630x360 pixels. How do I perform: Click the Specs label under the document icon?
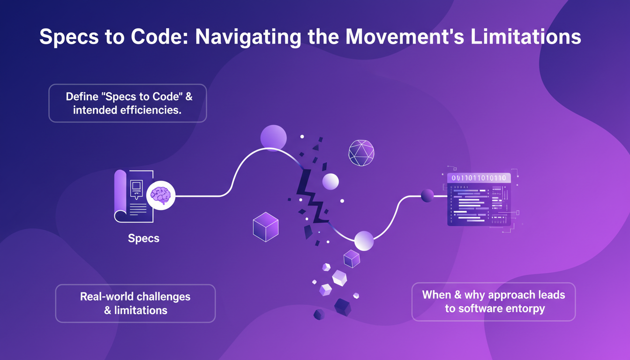pyautogui.click(x=143, y=238)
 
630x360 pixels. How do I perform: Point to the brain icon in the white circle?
pyautogui.click(x=161, y=195)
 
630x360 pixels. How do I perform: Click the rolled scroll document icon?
pyautogui.click(x=134, y=196)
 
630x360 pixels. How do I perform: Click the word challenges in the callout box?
pyautogui.click(x=163, y=297)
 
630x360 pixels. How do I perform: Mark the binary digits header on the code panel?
pyautogui.click(x=479, y=178)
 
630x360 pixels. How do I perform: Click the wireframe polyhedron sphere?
pyautogui.click(x=361, y=153)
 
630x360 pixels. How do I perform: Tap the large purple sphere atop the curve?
pyautogui.click(x=273, y=138)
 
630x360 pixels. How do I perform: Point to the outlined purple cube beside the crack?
pyautogui.click(x=266, y=227)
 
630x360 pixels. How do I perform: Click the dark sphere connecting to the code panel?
pyautogui.click(x=427, y=195)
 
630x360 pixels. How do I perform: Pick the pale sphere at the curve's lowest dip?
pyautogui.click(x=364, y=241)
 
